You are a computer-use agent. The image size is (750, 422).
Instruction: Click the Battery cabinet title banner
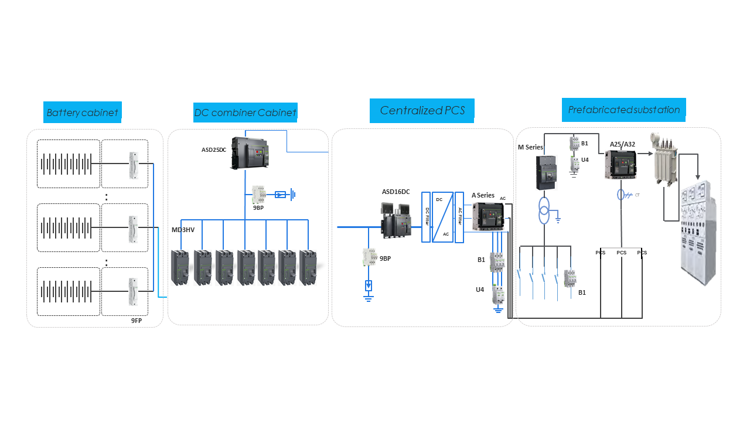pyautogui.click(x=83, y=112)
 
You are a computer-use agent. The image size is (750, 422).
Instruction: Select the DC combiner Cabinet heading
pyautogui.click(x=245, y=112)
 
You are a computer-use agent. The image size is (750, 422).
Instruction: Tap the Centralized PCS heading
pyautogui.click(x=422, y=110)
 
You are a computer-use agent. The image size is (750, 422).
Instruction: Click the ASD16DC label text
pyautogui.click(x=396, y=192)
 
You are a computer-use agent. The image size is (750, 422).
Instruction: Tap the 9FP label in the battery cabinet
pyautogui.click(x=137, y=321)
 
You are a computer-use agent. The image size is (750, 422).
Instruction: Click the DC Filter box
pyautogui.click(x=426, y=216)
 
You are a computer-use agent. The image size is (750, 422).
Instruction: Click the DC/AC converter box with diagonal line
pyautogui.click(x=443, y=217)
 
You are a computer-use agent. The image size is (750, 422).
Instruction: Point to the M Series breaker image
pyautogui.click(x=544, y=172)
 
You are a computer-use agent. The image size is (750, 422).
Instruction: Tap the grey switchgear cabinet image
pyautogui.click(x=697, y=231)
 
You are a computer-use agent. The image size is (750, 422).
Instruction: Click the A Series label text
pyautogui.click(x=483, y=195)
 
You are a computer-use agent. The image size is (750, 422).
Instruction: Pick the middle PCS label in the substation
pyautogui.click(x=621, y=253)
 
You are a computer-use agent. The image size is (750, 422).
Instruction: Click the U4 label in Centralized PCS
pyautogui.click(x=480, y=289)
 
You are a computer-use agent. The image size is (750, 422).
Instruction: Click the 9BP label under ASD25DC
pyautogui.click(x=258, y=207)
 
